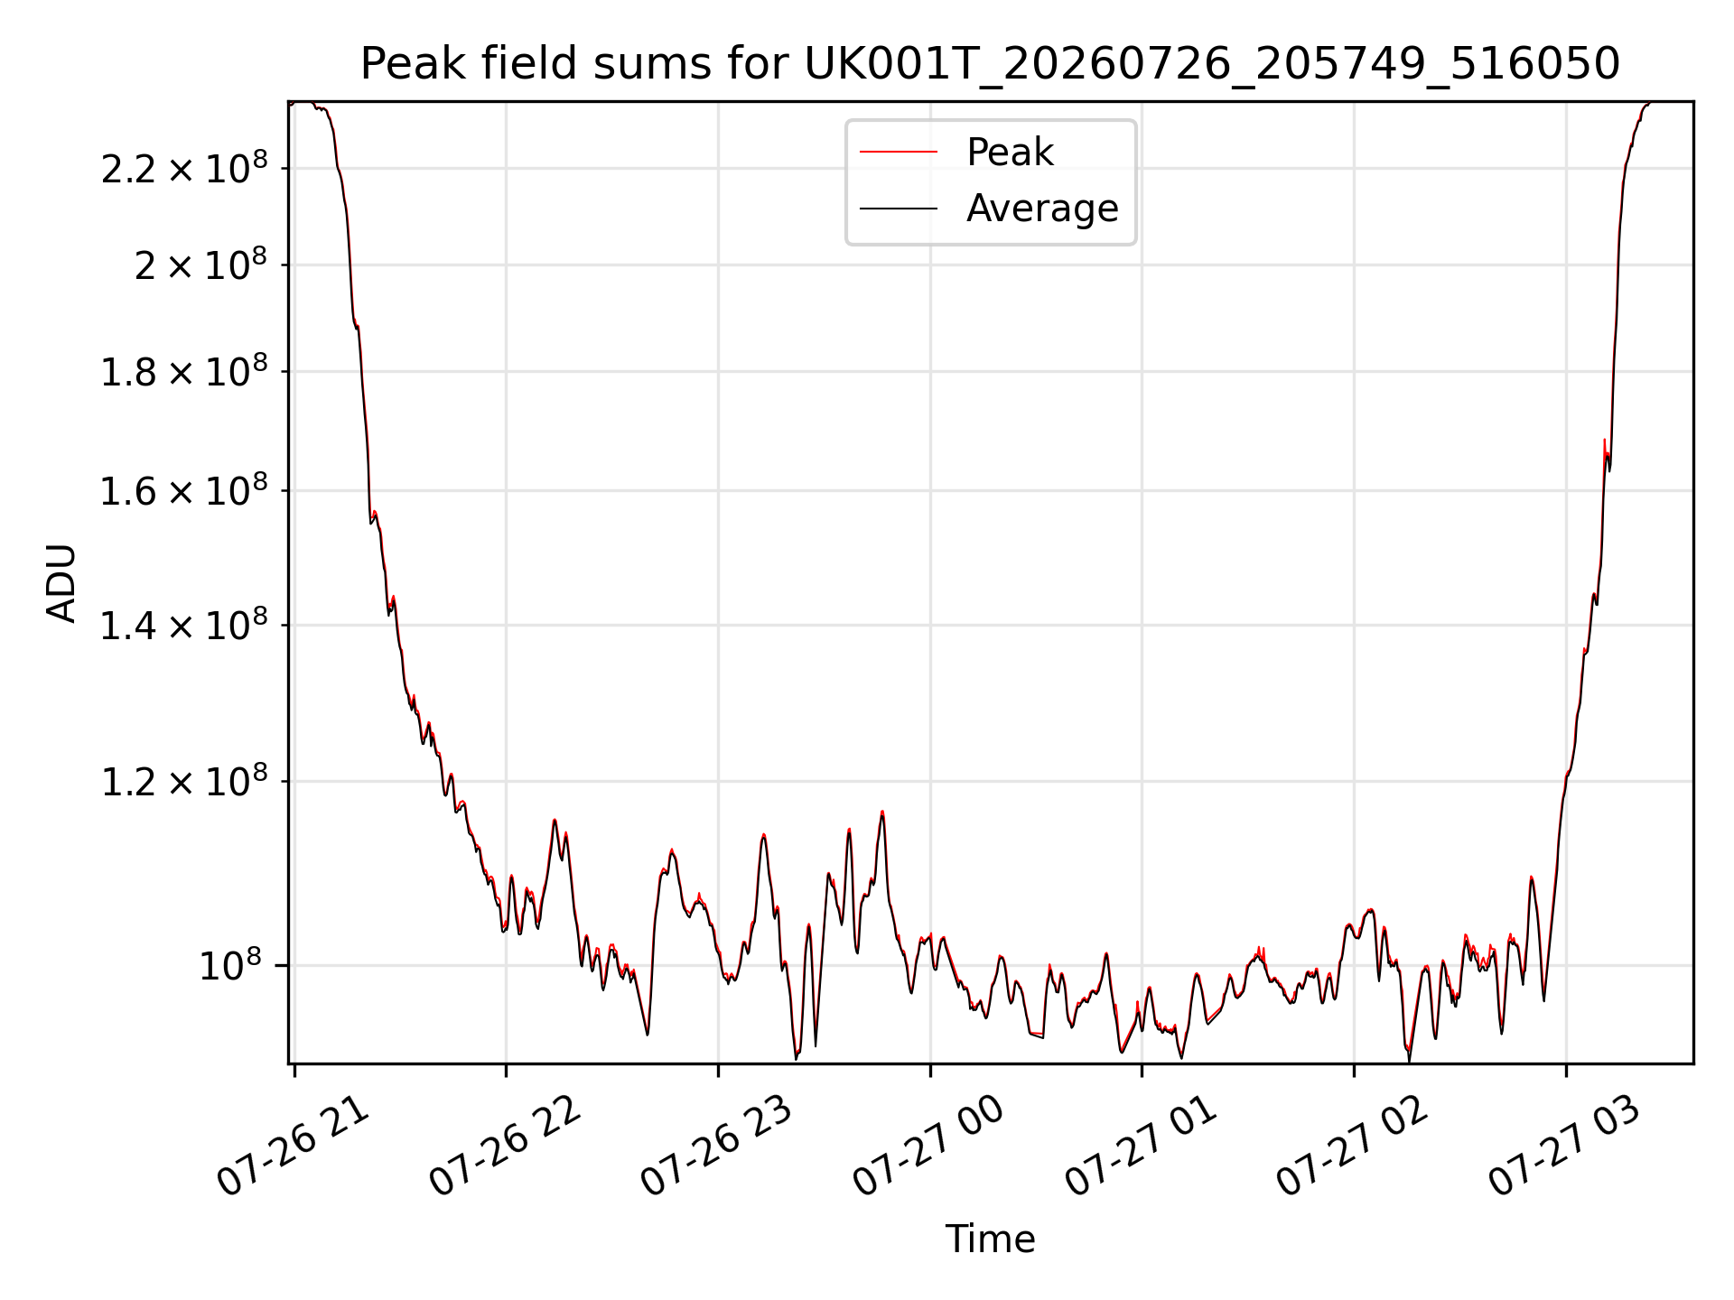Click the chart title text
[990, 64]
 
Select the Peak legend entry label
[1010, 152]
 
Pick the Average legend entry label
[1042, 209]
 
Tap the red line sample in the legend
[899, 153]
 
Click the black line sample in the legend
[899, 209]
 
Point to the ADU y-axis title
[61, 583]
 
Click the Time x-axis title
[990, 1239]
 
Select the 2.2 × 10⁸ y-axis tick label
[184, 168]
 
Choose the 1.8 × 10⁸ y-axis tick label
[184, 371]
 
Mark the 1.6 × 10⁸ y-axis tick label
[184, 491]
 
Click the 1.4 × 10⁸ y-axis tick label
[184, 625]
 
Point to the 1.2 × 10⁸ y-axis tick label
[184, 781]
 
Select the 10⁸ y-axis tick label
[229, 965]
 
